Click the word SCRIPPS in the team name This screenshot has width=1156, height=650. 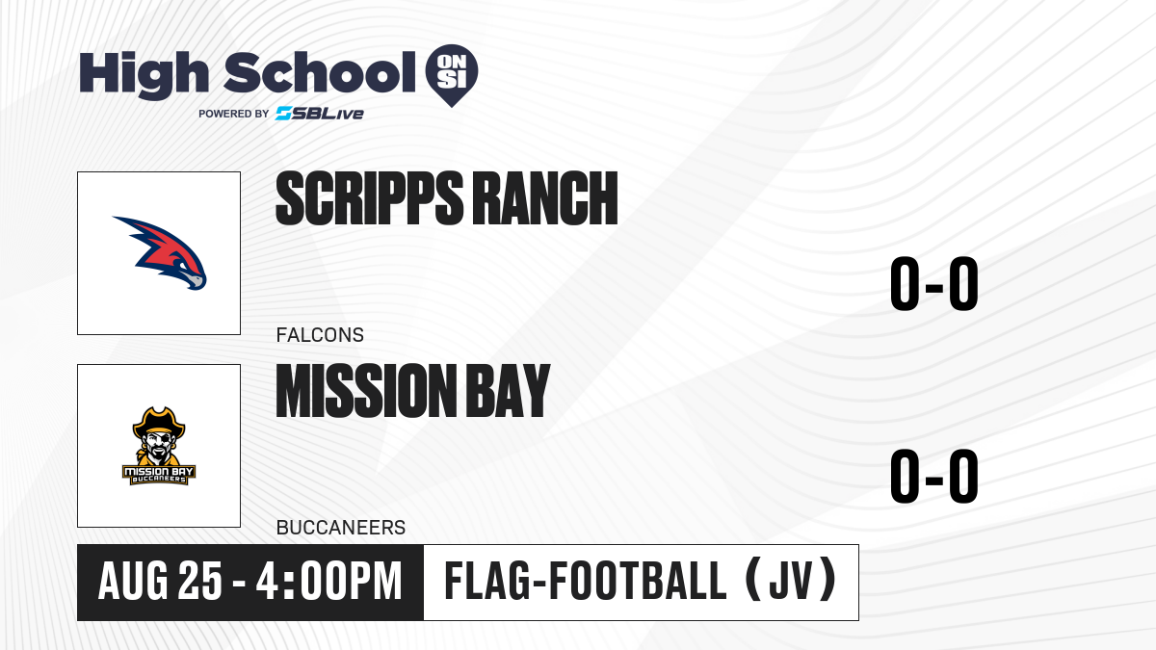click(x=370, y=198)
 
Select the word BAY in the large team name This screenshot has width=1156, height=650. click(x=509, y=390)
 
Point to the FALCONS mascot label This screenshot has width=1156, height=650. click(x=320, y=335)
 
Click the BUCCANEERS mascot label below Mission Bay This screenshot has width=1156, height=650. click(x=341, y=528)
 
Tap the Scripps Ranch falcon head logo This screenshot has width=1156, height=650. click(x=160, y=252)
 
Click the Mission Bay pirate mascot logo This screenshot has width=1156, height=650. click(x=159, y=446)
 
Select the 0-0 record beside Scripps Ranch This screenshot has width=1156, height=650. click(x=934, y=284)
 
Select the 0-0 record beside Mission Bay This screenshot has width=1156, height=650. click(x=934, y=476)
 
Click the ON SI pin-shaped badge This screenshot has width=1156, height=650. click(x=452, y=75)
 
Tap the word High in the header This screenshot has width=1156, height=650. click(x=144, y=74)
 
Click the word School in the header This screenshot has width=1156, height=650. click(x=320, y=72)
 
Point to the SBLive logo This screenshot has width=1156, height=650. click(x=320, y=114)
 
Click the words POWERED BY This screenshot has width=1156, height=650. click(x=234, y=114)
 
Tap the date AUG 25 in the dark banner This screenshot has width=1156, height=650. click(x=160, y=582)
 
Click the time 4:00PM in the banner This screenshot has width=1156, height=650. click(x=328, y=582)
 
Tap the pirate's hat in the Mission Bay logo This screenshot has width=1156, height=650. click(x=159, y=422)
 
